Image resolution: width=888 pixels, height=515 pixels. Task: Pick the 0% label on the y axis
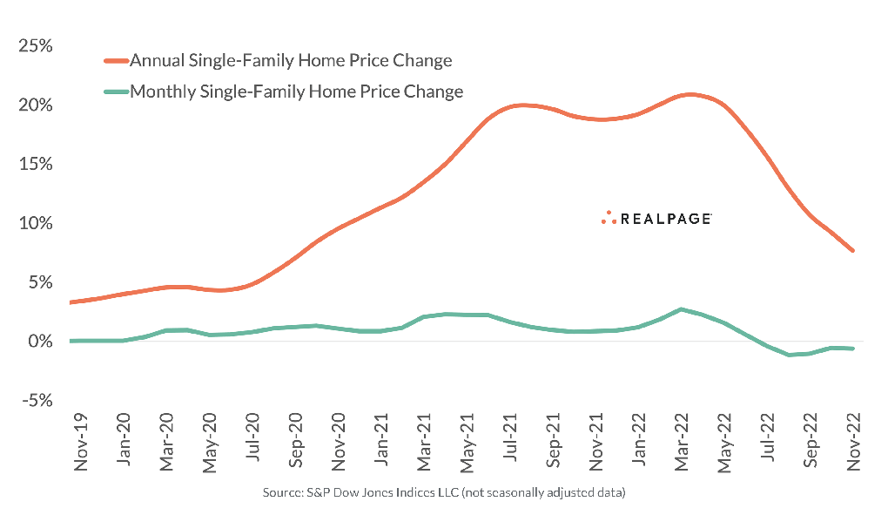point(40,341)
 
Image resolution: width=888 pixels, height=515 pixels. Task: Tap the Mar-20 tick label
point(167,444)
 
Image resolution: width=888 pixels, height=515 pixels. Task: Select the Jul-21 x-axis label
point(511,442)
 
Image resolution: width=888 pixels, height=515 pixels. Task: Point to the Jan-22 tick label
point(639,443)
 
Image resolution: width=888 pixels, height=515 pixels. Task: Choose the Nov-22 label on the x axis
point(854,444)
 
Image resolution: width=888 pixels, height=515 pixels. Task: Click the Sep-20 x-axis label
point(296,444)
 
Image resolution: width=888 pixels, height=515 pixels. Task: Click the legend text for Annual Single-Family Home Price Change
point(291,61)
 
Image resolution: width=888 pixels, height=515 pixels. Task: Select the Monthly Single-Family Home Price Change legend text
point(296,91)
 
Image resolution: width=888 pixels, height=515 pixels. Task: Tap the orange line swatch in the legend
point(116,61)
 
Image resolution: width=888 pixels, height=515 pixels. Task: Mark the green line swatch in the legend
point(116,91)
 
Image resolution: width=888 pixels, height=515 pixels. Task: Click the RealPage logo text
point(664,219)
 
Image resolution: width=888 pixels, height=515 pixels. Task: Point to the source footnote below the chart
point(444,493)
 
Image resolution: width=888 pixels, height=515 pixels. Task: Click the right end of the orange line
point(852,251)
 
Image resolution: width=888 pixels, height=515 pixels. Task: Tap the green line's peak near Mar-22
point(681,309)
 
